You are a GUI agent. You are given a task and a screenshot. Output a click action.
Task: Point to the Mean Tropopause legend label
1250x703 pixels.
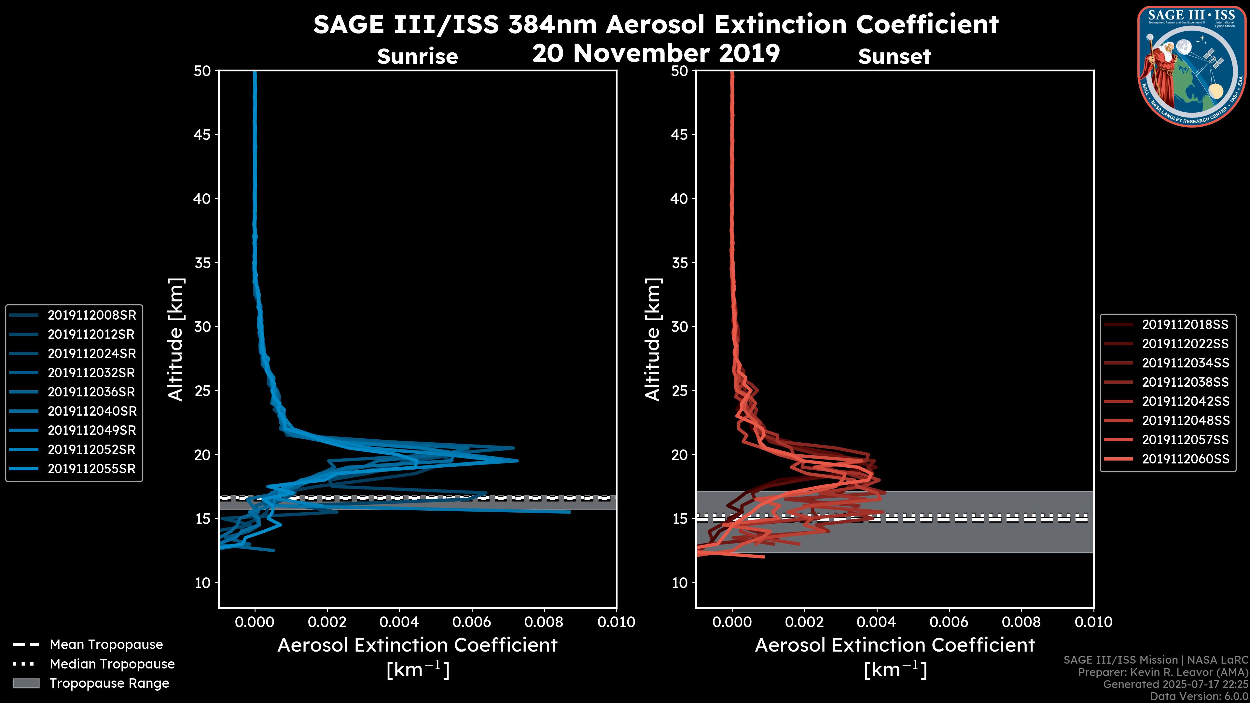[106, 645]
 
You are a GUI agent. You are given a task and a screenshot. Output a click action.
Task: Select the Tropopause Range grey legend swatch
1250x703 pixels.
[26, 683]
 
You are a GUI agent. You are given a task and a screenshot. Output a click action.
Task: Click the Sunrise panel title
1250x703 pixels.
[417, 57]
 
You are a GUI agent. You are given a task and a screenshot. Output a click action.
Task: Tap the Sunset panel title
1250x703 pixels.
[894, 57]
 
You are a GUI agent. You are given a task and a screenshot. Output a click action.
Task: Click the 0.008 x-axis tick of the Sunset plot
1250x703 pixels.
[1021, 622]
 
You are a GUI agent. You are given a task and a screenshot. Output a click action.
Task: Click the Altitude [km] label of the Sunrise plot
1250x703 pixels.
[175, 339]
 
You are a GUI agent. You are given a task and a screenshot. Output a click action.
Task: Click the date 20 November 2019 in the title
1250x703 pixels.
[656, 53]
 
